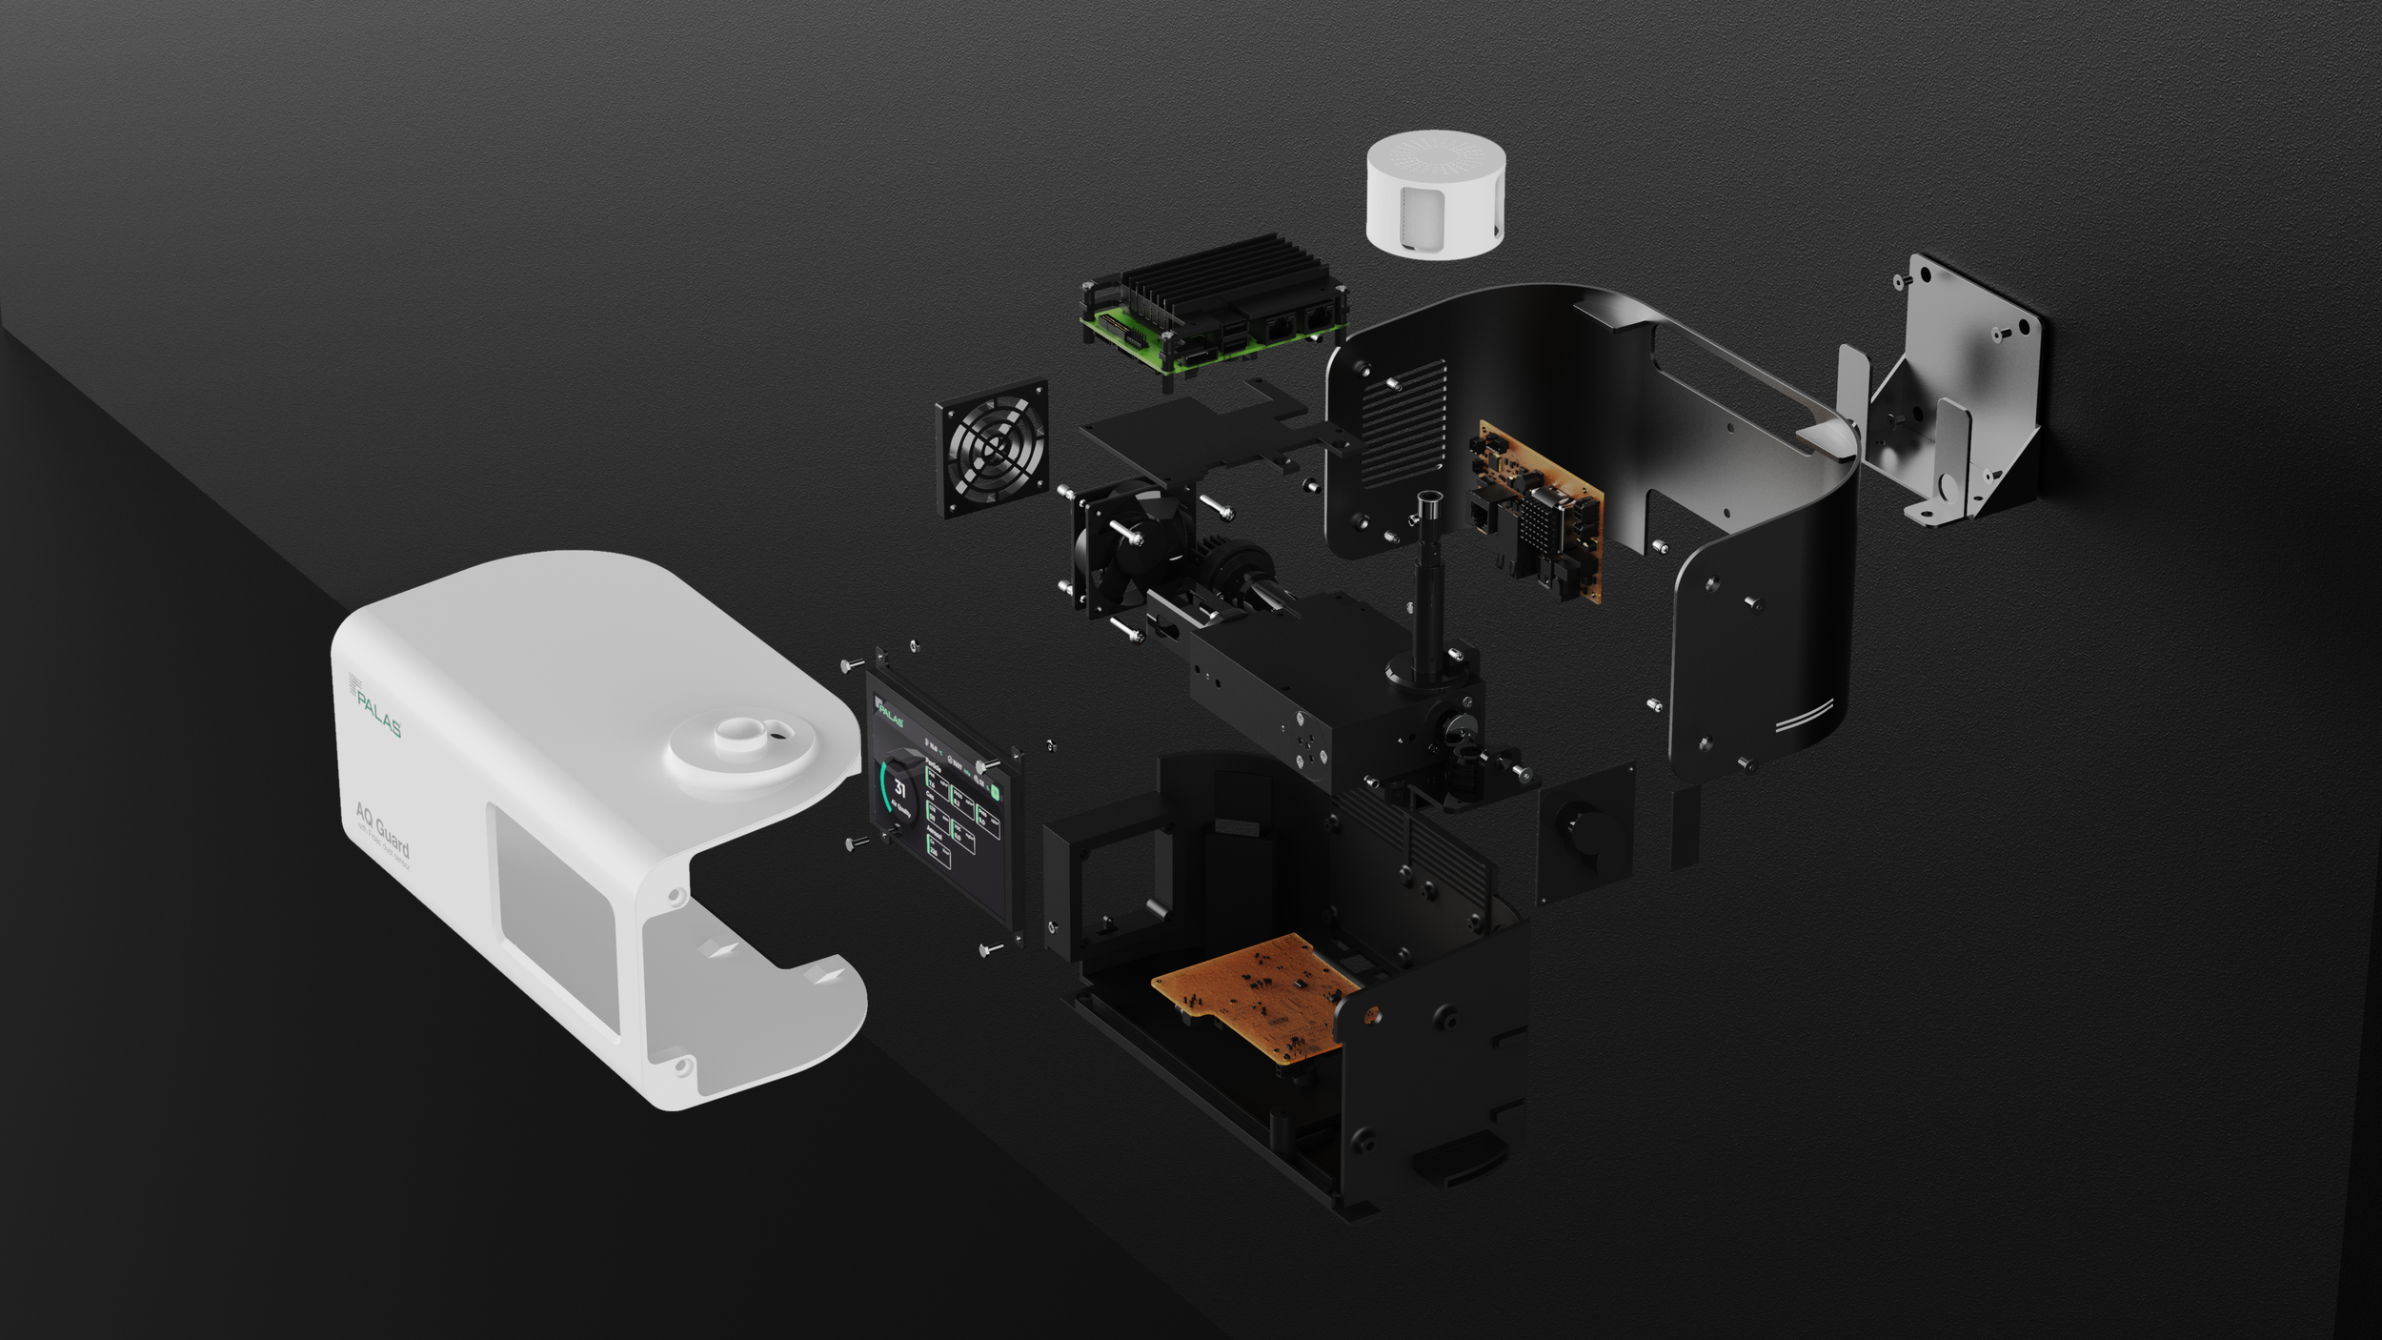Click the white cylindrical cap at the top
point(1435,195)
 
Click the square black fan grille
point(993,448)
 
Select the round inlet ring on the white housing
point(740,747)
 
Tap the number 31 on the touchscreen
point(899,787)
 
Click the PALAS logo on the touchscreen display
point(891,713)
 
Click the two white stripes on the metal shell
point(1805,716)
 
